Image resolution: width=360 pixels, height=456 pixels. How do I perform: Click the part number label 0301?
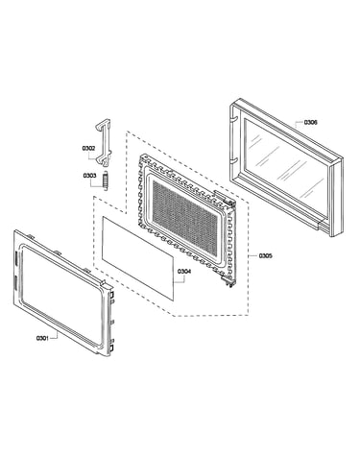click(x=42, y=338)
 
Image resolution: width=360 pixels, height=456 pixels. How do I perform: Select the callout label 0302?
click(x=88, y=148)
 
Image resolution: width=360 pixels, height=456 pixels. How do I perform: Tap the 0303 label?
click(x=89, y=176)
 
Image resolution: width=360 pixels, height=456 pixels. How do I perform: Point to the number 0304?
click(x=184, y=272)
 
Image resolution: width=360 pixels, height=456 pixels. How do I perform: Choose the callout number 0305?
click(x=265, y=255)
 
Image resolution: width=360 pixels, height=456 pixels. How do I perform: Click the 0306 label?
click(x=311, y=122)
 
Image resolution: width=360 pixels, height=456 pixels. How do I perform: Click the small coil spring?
click(x=105, y=180)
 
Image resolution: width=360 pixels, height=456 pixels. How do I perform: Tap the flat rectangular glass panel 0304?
click(x=138, y=258)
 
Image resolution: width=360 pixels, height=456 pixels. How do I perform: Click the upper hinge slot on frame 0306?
click(x=234, y=118)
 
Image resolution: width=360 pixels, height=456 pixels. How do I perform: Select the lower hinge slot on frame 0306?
click(x=234, y=159)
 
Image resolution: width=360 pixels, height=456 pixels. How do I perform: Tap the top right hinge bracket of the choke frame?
click(x=224, y=198)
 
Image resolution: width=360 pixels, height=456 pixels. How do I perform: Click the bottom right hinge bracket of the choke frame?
click(x=228, y=281)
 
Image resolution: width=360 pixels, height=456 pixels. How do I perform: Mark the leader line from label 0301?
click(x=54, y=335)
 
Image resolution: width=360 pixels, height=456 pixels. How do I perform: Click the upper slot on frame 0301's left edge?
click(x=15, y=258)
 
